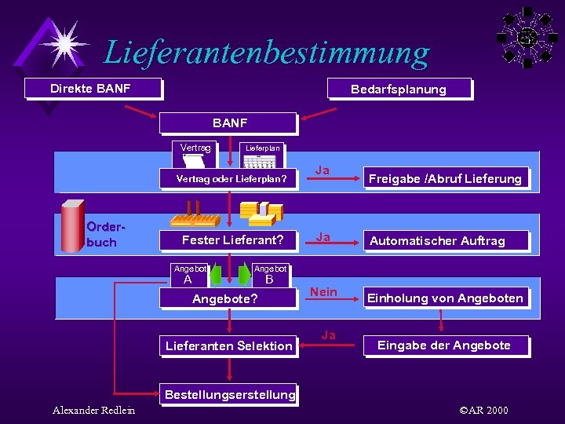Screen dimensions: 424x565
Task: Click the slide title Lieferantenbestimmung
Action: (x=267, y=53)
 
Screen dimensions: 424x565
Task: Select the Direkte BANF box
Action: (x=92, y=88)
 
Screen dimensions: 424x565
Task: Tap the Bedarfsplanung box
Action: (x=399, y=89)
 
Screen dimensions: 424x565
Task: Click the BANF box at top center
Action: (x=228, y=123)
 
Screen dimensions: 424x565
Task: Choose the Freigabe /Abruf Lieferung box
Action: (x=445, y=178)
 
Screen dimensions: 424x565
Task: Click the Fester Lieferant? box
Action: (x=231, y=239)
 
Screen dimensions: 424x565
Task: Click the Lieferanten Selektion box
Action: (x=228, y=345)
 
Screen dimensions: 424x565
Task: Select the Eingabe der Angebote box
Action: (x=444, y=345)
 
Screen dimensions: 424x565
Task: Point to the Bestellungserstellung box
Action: (x=228, y=394)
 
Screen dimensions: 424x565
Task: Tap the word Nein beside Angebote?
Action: (x=323, y=292)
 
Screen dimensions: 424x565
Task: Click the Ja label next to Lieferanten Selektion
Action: (x=329, y=335)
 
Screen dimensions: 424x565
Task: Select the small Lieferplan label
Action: (x=262, y=148)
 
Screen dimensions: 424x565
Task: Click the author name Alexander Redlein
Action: (x=93, y=410)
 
